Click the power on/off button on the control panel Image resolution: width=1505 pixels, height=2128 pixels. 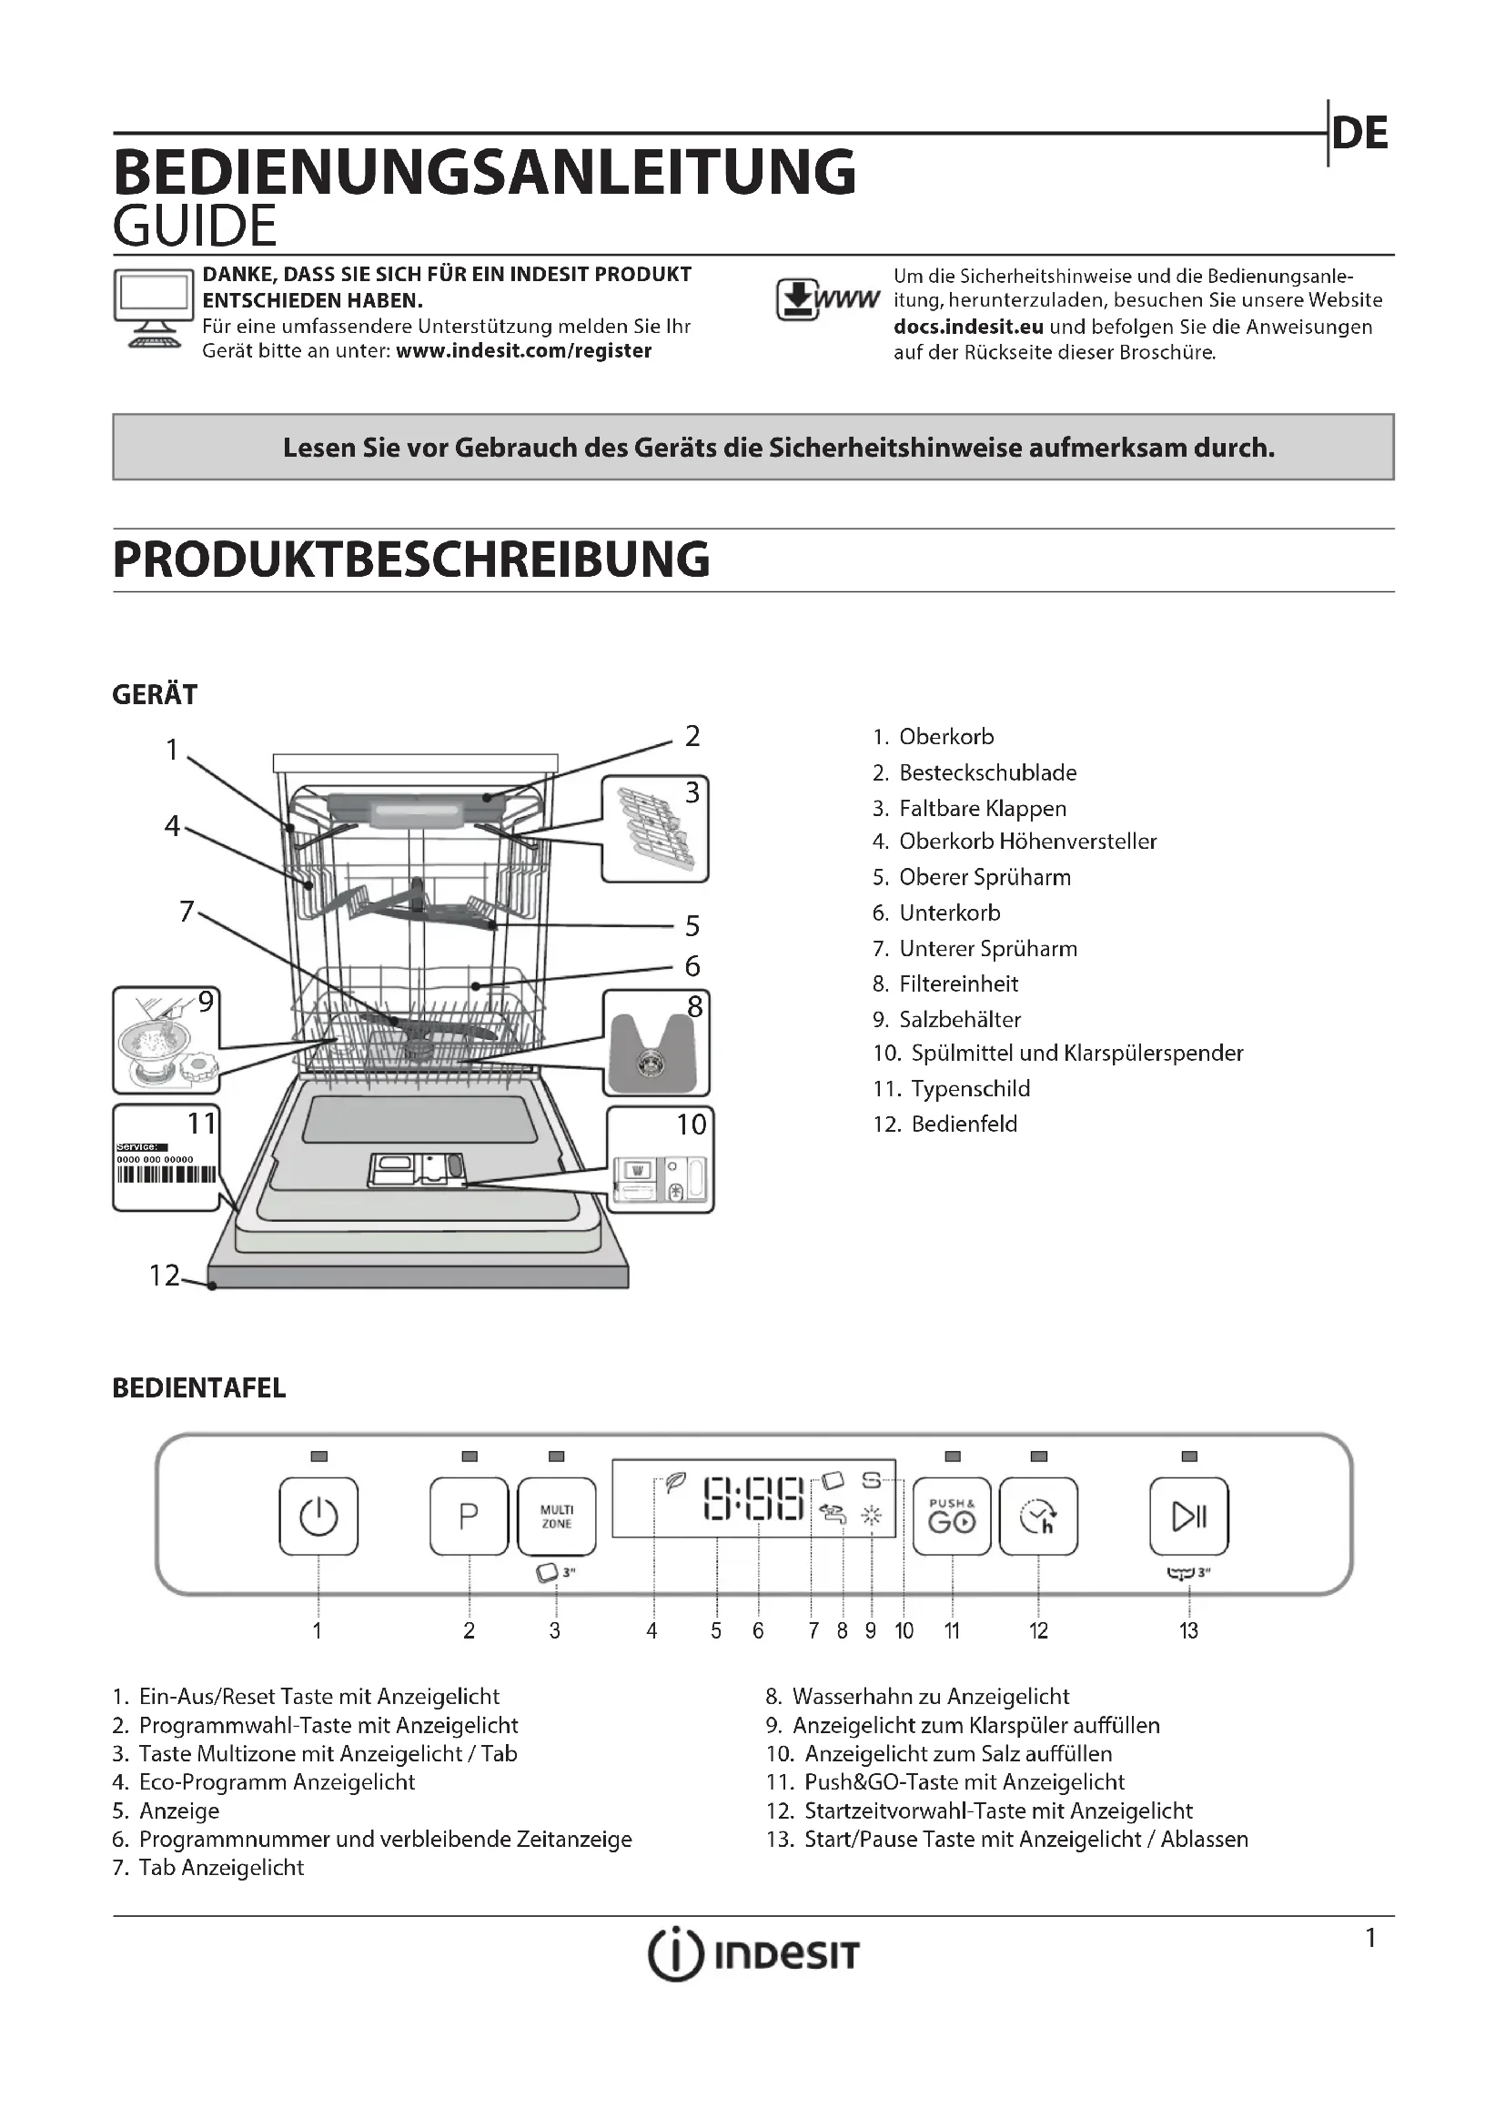coord(318,1517)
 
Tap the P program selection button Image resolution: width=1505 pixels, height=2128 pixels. coord(469,1517)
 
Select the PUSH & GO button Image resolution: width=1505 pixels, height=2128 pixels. coord(952,1517)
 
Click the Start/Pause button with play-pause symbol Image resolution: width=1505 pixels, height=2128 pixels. coord(1189,1517)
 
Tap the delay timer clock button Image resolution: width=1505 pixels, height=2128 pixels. coord(1039,1517)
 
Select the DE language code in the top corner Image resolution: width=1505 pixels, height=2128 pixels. coord(1360,134)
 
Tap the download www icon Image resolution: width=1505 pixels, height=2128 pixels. coord(826,300)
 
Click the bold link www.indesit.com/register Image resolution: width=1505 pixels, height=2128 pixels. coord(523,351)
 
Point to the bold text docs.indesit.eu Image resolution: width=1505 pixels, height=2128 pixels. coord(968,328)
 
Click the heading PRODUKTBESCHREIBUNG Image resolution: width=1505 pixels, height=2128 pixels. coord(411,560)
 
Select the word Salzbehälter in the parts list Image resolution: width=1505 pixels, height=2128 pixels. coord(959,1020)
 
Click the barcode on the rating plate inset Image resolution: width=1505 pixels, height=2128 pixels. coord(166,1175)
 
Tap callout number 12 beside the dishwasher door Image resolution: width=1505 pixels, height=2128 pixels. coord(164,1276)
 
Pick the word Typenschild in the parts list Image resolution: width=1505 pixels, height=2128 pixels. coord(969,1089)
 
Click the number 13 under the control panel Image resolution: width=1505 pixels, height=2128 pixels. coord(1189,1631)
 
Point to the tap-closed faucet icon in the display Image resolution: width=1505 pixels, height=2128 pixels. coord(833,1515)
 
